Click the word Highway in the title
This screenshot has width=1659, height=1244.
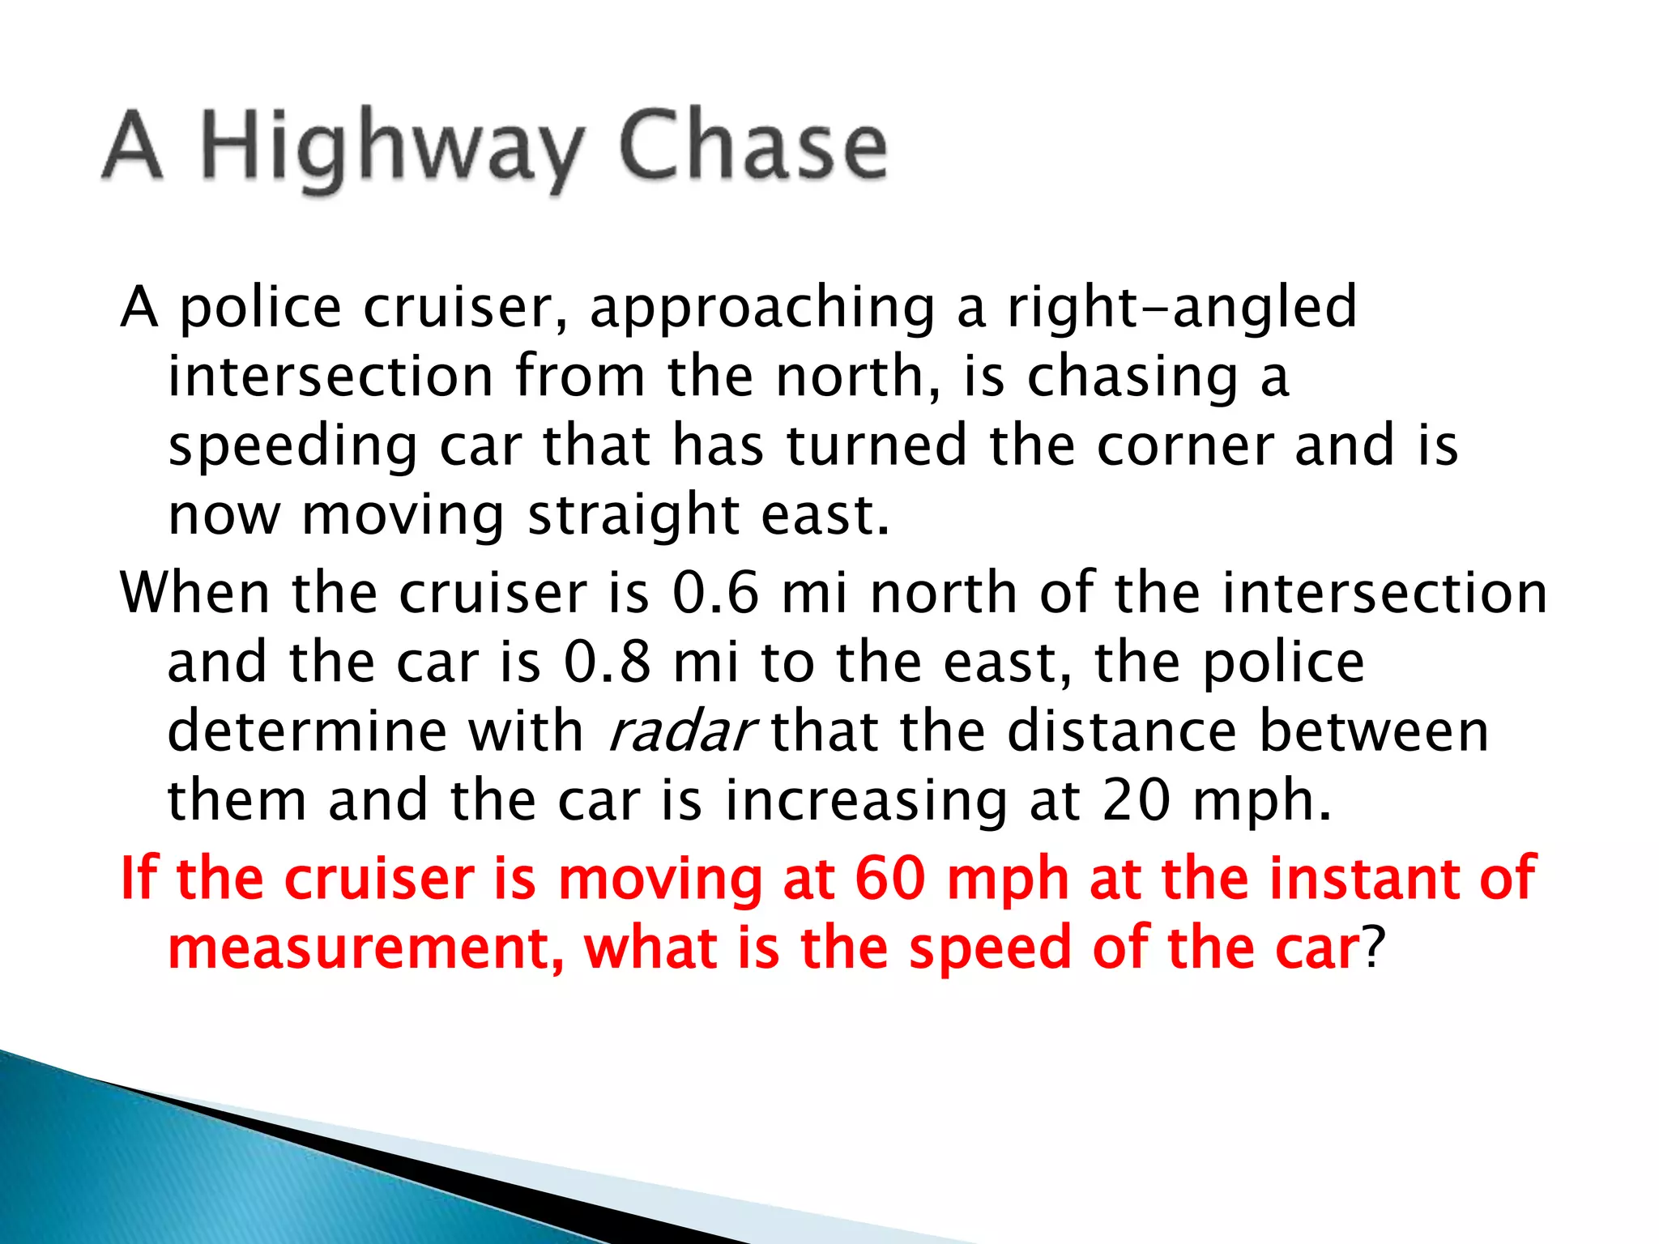tap(390, 150)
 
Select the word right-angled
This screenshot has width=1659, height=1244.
tap(1182, 309)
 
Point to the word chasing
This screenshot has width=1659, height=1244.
tap(1132, 378)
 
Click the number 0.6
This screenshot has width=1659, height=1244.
tap(716, 593)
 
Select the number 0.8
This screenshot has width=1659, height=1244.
tap(608, 662)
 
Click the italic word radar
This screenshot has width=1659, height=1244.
tap(680, 732)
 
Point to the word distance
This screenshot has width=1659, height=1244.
tap(1122, 732)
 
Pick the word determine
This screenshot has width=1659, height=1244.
tap(306, 732)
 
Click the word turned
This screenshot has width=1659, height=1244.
tap(876, 446)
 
